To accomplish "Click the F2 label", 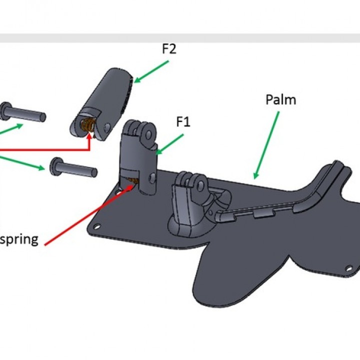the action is pos(169,49).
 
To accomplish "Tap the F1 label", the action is pos(183,121).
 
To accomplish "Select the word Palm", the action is pos(280,100).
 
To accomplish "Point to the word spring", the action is pos(19,240).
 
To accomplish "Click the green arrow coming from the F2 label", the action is pos(151,71).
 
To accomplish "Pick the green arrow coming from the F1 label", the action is pos(169,144).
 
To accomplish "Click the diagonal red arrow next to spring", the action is pos(89,215).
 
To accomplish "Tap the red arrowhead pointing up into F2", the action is pos(89,137).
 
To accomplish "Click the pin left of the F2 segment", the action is pos(22,112).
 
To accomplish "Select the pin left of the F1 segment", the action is pos(73,167).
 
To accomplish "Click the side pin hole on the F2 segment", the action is pos(107,126).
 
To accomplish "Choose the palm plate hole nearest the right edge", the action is pos(349,268).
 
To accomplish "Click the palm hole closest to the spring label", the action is pos(97,226).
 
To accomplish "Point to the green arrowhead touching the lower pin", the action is pos(41,168).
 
